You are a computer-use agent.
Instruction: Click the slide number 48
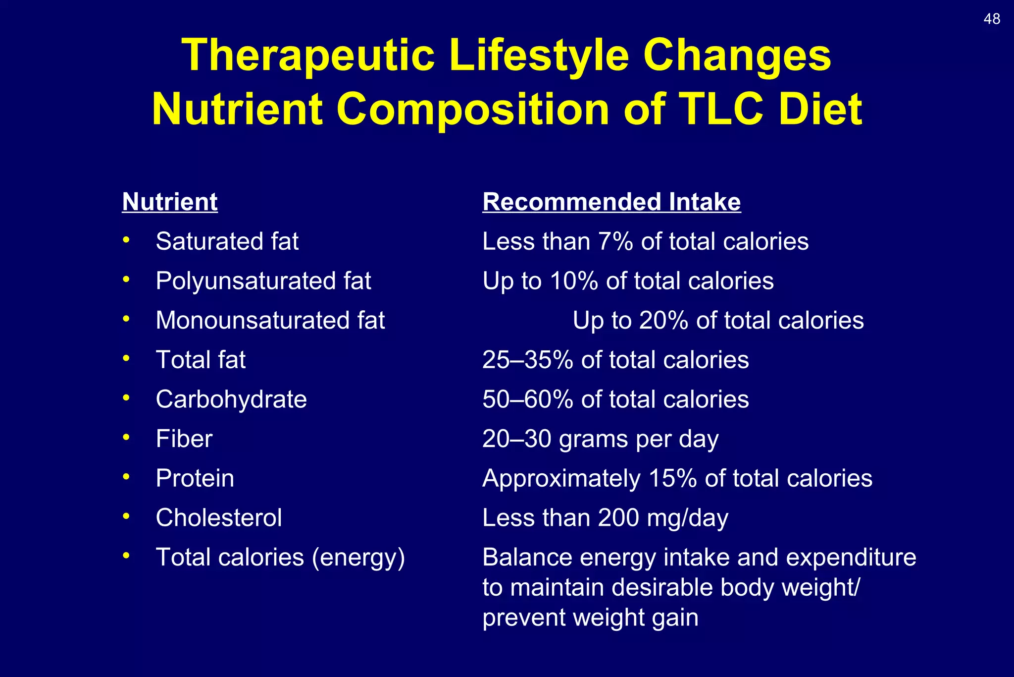tap(992, 19)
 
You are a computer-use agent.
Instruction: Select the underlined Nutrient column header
tap(170, 202)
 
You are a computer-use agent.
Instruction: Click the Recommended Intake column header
tap(611, 202)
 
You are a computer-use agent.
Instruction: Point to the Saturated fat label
tap(227, 241)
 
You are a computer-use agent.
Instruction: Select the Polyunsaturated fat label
tap(263, 281)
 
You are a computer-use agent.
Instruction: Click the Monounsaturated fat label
tap(270, 320)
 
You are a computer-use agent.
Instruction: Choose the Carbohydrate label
tap(231, 399)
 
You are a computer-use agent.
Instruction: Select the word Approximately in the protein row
tap(561, 479)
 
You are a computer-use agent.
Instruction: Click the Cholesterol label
tap(218, 518)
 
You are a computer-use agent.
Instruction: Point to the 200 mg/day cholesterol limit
tap(663, 518)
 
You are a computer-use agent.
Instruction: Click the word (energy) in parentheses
tap(358, 558)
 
